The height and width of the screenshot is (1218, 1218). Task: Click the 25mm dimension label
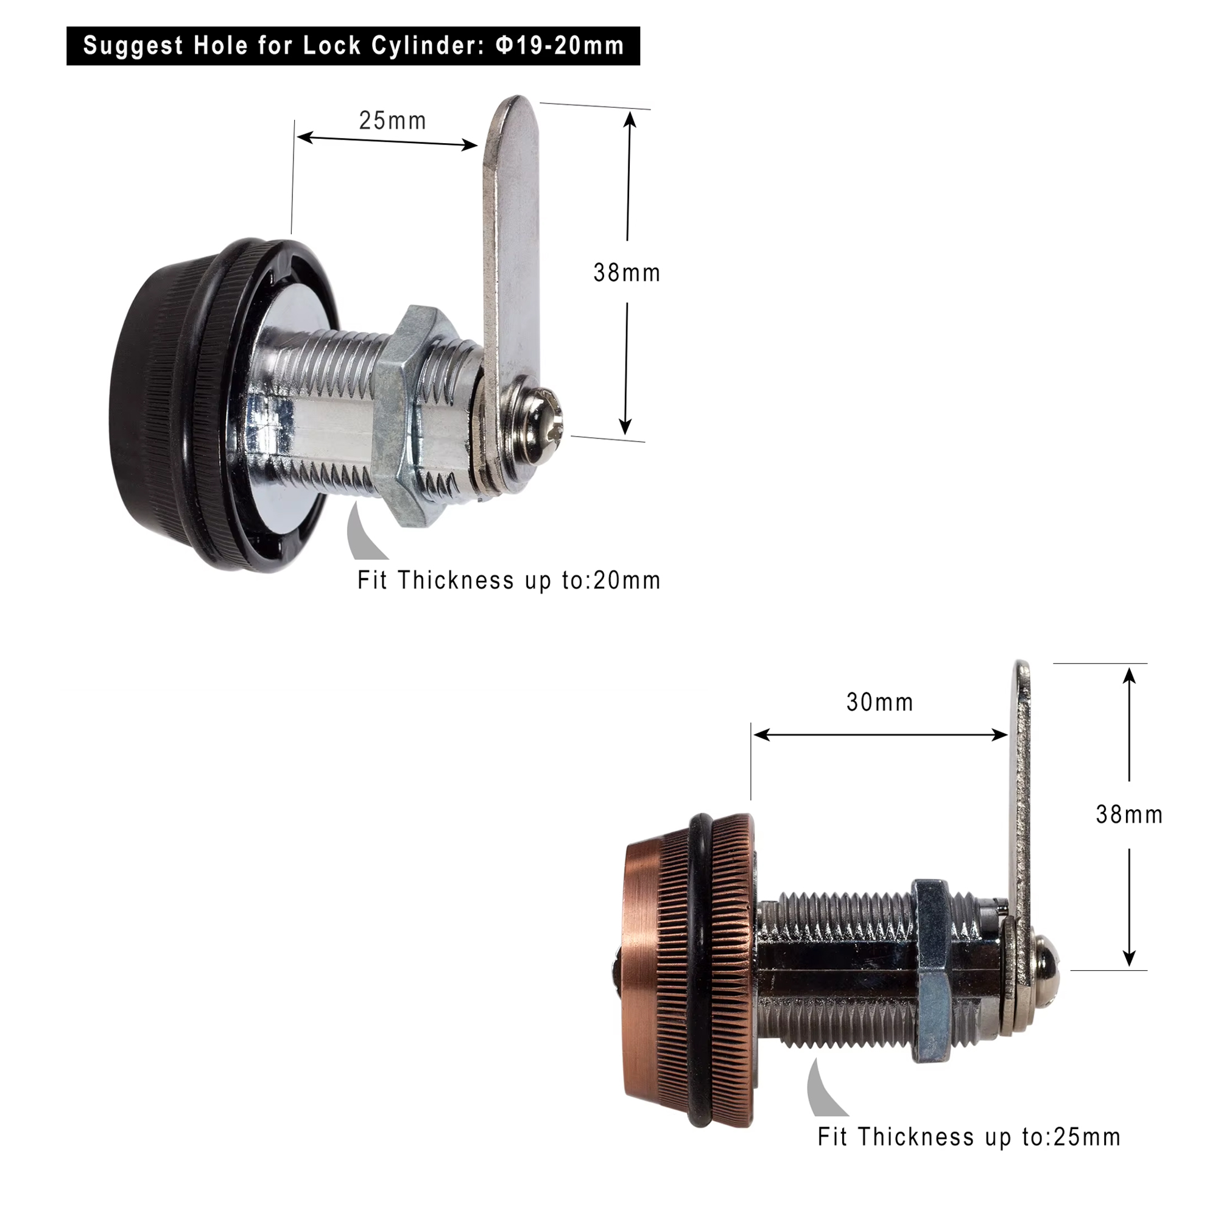(393, 121)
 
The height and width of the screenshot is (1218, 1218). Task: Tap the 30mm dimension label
(880, 702)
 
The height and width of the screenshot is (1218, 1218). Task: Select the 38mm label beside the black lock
(627, 273)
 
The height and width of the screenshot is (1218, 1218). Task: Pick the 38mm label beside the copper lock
(1129, 814)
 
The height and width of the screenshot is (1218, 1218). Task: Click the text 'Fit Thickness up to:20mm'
(509, 580)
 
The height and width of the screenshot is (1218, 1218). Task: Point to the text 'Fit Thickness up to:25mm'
(969, 1136)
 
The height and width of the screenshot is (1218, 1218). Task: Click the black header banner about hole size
(353, 46)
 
